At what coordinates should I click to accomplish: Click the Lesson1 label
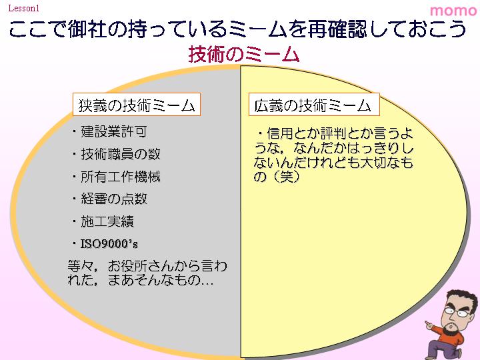click(x=24, y=8)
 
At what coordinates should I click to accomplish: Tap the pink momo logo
click(x=453, y=11)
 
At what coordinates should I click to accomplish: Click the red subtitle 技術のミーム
click(x=244, y=54)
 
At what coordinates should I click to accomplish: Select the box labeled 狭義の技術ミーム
click(x=137, y=105)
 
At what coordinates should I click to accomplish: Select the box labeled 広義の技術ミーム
click(x=314, y=105)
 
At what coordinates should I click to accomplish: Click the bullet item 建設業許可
click(x=113, y=131)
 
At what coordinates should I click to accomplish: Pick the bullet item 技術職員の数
click(x=120, y=154)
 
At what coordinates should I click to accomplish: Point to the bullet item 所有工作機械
click(x=120, y=177)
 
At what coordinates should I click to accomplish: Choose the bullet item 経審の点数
click(x=113, y=199)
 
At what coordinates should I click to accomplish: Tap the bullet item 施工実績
click(x=107, y=221)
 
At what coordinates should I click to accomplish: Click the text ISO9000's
click(x=109, y=244)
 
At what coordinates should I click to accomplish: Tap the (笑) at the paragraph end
click(x=285, y=177)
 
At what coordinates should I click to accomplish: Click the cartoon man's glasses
click(x=456, y=312)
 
